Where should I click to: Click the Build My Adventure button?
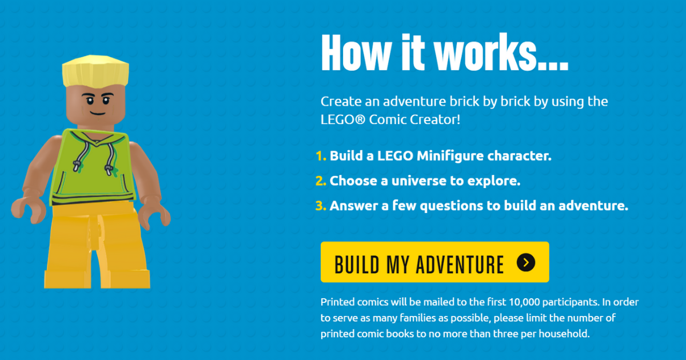point(434,262)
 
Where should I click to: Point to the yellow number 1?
point(320,156)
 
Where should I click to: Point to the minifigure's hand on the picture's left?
point(24,209)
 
